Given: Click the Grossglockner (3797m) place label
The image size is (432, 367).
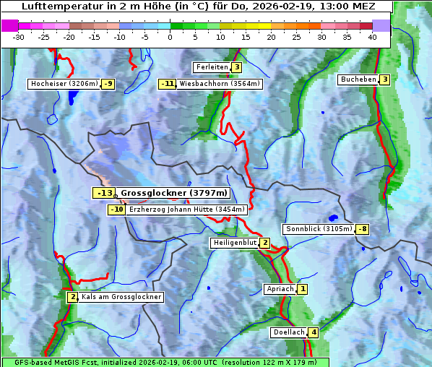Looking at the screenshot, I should pos(174,193).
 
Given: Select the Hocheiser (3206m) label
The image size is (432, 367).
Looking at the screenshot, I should pos(64,84).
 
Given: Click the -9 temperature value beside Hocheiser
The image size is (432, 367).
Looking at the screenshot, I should pos(108,84).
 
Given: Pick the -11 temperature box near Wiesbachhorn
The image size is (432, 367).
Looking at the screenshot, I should pos(168,84).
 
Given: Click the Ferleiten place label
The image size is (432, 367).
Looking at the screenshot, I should pos(212,67).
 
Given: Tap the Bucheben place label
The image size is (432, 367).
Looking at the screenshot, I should pos(358,79).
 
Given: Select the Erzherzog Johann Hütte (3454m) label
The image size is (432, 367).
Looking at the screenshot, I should pos(187,210).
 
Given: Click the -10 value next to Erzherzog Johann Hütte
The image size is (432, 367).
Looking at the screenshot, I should pos(116,210).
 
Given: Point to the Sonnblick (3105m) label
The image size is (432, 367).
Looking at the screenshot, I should pos(319,229).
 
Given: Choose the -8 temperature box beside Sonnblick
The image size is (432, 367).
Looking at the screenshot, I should pos(363,229).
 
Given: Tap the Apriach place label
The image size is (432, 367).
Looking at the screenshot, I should pos(280,289).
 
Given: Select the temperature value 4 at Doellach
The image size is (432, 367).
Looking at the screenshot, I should pos(313,332).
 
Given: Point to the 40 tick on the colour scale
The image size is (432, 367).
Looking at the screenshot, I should pos(372,36).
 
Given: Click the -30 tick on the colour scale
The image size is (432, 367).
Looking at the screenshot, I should pos(19,36).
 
